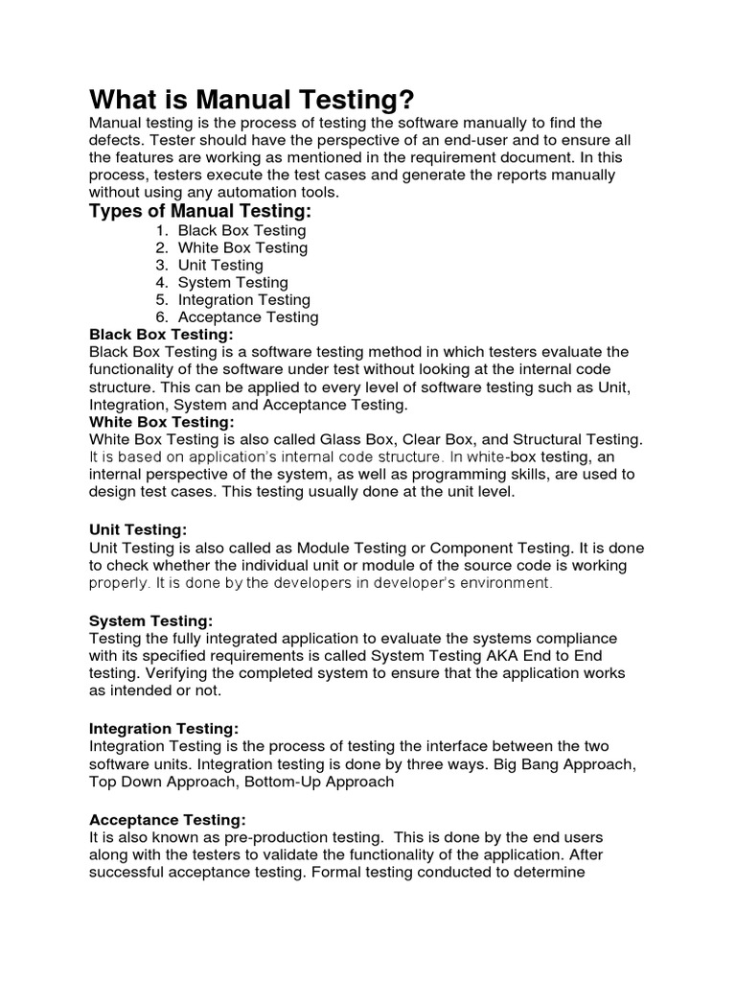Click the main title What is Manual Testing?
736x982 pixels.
click(x=252, y=99)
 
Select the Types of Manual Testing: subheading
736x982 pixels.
click(x=200, y=211)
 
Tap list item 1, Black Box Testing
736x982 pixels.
click(x=241, y=230)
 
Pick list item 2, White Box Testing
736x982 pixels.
click(x=242, y=247)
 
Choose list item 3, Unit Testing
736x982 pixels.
click(x=220, y=265)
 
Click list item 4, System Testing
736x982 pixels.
click(x=232, y=282)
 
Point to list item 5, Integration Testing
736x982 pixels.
click(x=243, y=299)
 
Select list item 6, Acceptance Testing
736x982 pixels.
click(x=248, y=316)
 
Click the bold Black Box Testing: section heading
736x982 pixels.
click(x=161, y=334)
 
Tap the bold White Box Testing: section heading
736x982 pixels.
click(x=161, y=421)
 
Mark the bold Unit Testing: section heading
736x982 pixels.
click(x=138, y=529)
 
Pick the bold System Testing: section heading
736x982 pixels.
click(x=150, y=620)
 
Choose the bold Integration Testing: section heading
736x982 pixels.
click(x=164, y=728)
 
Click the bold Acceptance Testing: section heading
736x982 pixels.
click(x=168, y=819)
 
